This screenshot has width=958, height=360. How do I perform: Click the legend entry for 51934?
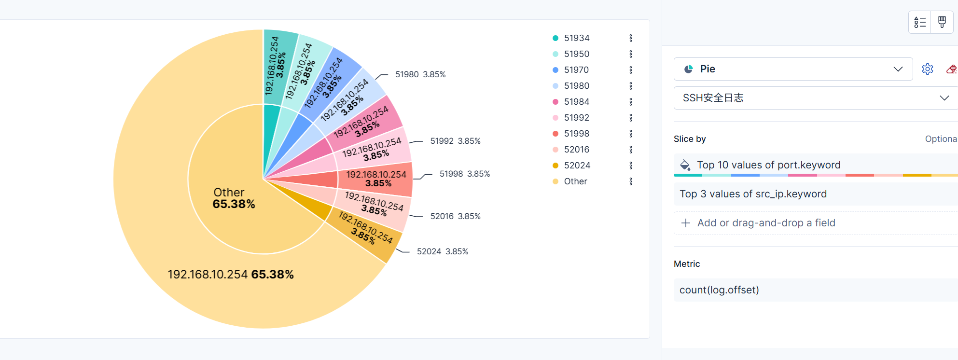576,38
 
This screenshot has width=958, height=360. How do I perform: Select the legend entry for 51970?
576,70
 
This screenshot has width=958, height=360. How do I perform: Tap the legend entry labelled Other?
575,181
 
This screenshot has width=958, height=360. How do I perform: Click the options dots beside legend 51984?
631,102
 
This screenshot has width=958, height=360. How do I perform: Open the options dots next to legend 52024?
631,166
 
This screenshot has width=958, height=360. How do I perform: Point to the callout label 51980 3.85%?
420,74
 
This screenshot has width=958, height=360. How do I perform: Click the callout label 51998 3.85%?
464,174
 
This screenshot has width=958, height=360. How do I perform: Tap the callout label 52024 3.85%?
442,251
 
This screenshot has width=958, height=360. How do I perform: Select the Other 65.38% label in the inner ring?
233,198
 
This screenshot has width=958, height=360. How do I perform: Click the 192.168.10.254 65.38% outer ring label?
230,275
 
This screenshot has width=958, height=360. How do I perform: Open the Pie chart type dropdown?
792,69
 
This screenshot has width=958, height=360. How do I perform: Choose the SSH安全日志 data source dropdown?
815,98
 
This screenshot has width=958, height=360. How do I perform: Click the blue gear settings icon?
927,69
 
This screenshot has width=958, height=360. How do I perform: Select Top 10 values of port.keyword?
768,165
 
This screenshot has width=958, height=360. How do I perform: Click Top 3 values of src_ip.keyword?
753,194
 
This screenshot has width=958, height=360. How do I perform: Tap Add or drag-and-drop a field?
765,223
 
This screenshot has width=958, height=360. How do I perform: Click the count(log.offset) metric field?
719,290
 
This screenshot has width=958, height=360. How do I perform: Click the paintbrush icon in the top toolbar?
942,22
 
